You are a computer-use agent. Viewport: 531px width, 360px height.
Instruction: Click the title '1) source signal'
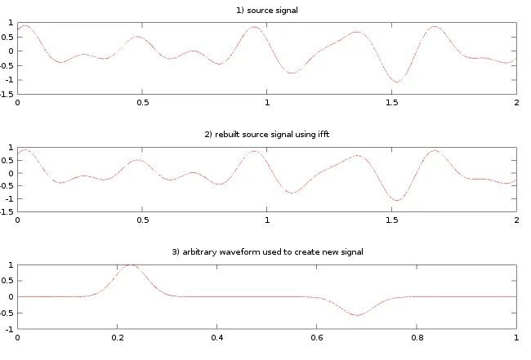pos(267,10)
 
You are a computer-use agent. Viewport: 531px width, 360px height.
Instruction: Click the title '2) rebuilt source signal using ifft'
pos(267,132)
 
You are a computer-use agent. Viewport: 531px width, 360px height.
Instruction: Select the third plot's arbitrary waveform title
pos(267,252)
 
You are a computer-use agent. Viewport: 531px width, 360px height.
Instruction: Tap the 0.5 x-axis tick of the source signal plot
pos(142,102)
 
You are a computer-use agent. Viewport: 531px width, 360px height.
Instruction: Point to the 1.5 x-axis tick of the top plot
pos(391,102)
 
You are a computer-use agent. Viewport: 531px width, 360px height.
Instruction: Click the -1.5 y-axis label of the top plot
pos(8,93)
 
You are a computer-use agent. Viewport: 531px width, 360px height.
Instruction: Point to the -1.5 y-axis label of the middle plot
pos(8,211)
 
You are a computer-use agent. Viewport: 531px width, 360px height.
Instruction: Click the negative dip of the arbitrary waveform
pos(357,315)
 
